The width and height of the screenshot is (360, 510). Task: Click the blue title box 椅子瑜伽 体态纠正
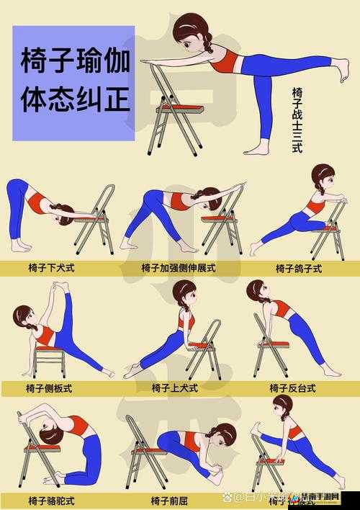click(x=73, y=83)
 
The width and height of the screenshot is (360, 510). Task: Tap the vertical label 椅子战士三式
click(x=297, y=120)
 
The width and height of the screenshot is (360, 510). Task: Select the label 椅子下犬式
click(x=51, y=268)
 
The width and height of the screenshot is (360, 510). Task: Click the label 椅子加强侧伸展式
click(x=179, y=268)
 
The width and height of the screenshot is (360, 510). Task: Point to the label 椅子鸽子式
click(x=298, y=268)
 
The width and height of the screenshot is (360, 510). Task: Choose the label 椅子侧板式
click(x=50, y=388)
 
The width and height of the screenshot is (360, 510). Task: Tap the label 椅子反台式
click(x=292, y=388)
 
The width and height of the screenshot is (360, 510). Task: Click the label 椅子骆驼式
click(x=51, y=499)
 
